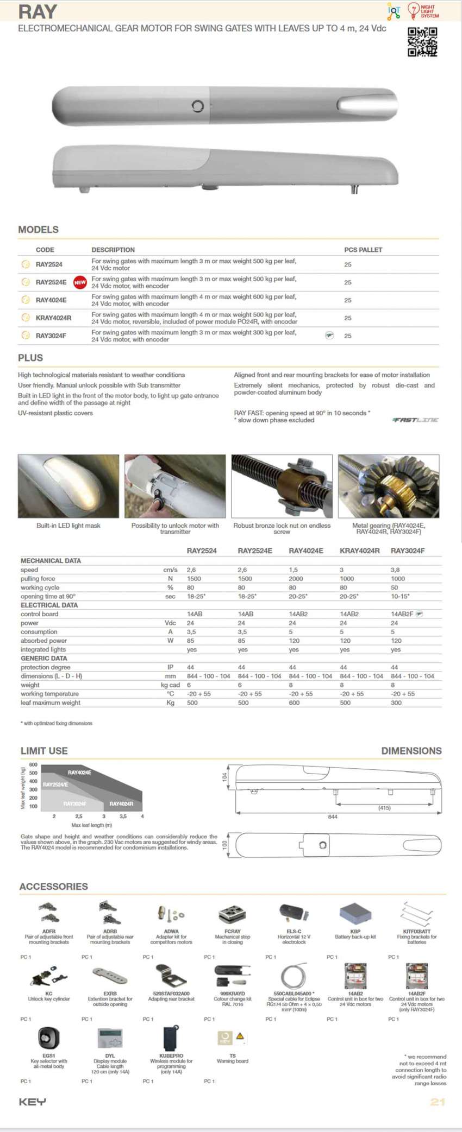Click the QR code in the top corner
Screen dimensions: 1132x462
(x=422, y=42)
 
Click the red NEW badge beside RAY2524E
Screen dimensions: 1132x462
(x=80, y=282)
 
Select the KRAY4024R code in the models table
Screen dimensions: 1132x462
(x=53, y=318)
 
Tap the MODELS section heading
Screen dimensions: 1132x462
(x=38, y=230)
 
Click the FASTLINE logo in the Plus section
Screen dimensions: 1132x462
(x=415, y=420)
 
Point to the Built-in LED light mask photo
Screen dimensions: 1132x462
(x=68, y=486)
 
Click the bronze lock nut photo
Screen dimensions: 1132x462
(x=282, y=486)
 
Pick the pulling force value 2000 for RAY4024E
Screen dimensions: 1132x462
(x=296, y=579)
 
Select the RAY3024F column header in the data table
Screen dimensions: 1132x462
(x=408, y=551)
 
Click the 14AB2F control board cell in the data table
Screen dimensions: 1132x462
(x=402, y=614)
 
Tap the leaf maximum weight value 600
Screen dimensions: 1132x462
(x=294, y=703)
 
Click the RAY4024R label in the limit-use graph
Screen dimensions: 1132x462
(x=121, y=804)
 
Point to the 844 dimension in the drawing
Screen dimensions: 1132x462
(x=333, y=817)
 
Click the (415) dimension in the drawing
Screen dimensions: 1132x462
(x=384, y=808)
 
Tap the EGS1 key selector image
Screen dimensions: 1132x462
(x=48, y=1038)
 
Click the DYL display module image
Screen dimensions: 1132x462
(x=110, y=1038)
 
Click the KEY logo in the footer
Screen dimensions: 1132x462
(x=33, y=1102)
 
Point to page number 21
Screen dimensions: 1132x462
(x=438, y=1102)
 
